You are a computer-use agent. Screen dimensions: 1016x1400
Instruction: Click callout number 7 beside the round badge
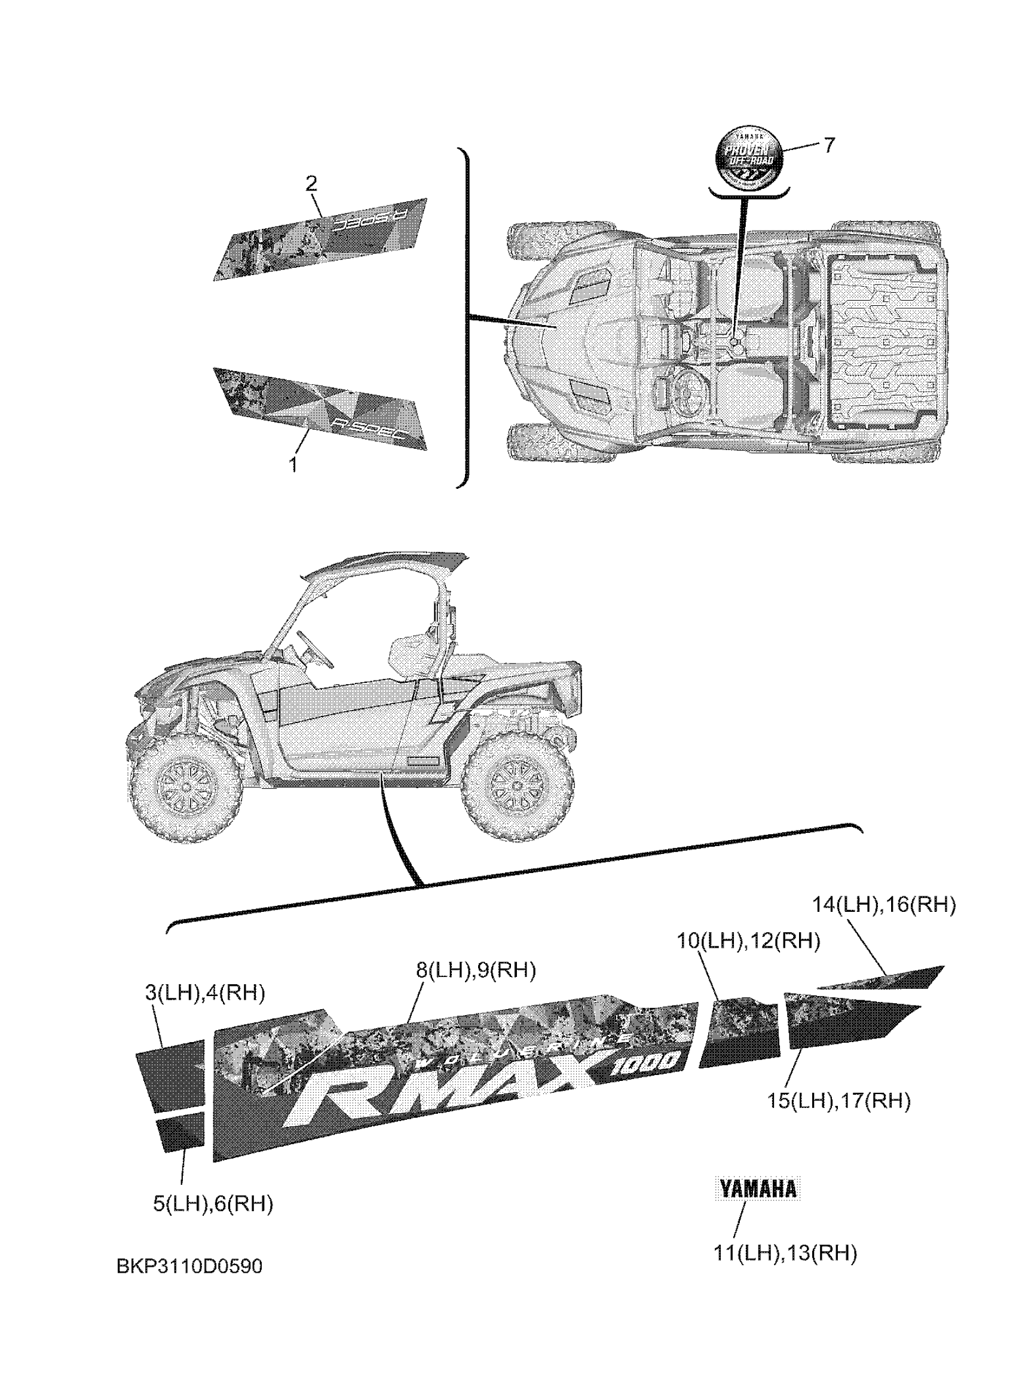pos(828,145)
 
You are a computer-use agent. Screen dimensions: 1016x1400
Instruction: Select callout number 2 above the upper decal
pos(311,183)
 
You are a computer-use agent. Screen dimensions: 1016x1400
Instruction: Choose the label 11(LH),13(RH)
pos(785,1254)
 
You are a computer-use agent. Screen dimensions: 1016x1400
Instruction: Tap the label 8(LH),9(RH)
pos(475,970)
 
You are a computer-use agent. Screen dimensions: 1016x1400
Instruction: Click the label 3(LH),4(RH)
pos(205,993)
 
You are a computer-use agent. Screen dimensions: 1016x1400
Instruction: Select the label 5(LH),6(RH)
pos(213,1203)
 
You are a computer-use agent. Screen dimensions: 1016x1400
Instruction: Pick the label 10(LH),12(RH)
pos(748,941)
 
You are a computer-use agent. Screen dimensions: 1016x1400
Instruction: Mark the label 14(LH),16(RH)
pos(884,905)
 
